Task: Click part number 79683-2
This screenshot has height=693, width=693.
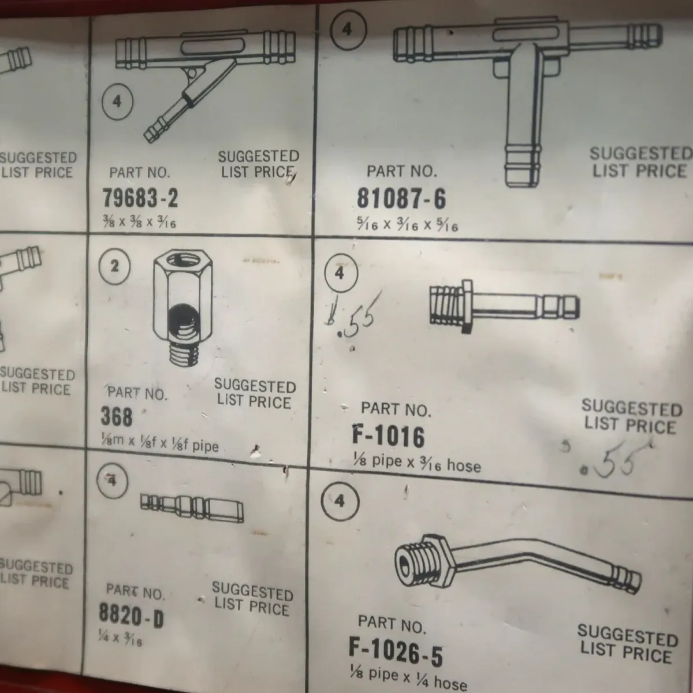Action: click(140, 198)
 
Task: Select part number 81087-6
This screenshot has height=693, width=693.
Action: click(401, 199)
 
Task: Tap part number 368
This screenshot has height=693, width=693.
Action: click(117, 416)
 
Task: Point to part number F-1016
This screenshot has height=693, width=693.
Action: click(389, 437)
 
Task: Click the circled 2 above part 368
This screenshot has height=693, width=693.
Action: click(114, 266)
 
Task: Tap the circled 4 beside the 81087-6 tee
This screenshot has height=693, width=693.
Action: click(348, 30)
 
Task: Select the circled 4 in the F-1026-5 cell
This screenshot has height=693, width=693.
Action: click(340, 501)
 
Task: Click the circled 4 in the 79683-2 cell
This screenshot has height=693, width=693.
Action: click(117, 102)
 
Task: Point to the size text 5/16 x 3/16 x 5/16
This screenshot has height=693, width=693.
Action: click(408, 225)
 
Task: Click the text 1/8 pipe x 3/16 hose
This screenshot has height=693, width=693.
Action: click(417, 464)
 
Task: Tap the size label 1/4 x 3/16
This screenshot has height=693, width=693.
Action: click(120, 639)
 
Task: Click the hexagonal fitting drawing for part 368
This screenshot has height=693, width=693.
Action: click(182, 308)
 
